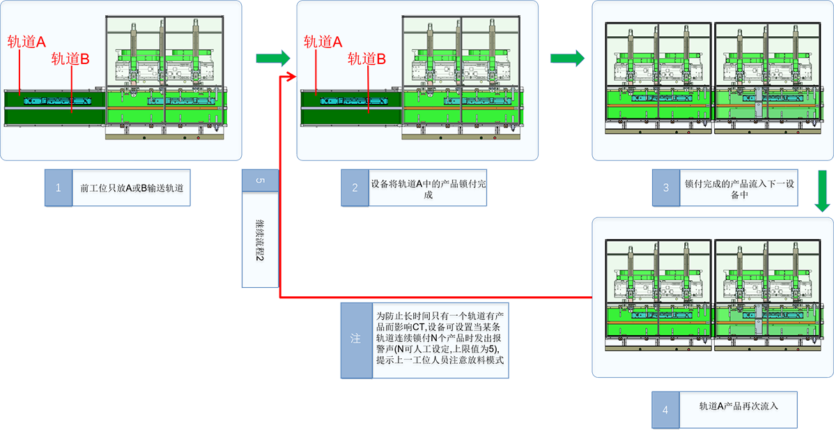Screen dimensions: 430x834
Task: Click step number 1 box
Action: click(x=59, y=187)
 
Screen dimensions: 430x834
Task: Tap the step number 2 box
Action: click(x=355, y=187)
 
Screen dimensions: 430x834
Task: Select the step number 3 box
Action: click(x=665, y=187)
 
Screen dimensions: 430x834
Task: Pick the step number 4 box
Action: click(x=665, y=410)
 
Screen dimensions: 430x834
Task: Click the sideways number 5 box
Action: click(x=261, y=181)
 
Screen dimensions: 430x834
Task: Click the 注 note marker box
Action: click(x=355, y=339)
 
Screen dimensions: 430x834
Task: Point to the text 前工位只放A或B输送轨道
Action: click(x=131, y=187)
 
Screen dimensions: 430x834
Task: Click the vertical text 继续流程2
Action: click(x=260, y=239)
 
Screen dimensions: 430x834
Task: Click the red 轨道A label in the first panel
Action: click(x=26, y=42)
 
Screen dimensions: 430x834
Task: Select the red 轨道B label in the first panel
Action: click(x=70, y=59)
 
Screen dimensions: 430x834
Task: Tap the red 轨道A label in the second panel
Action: click(x=323, y=42)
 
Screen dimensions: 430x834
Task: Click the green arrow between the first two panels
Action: click(x=272, y=57)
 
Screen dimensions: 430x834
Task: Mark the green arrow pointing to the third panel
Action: click(x=567, y=57)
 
